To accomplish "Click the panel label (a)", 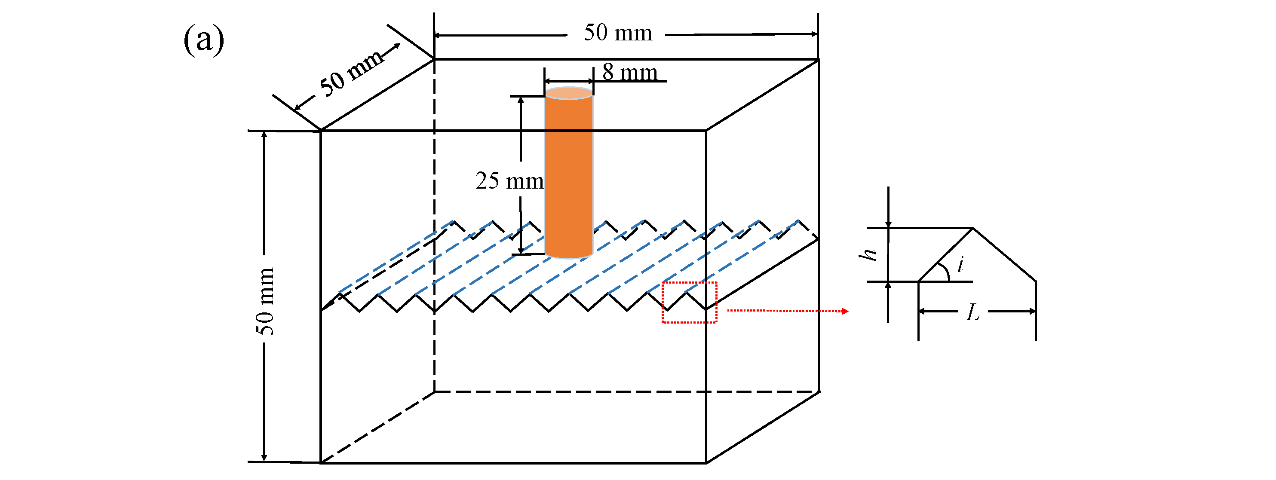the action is click(x=204, y=40).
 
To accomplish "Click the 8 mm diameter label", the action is click(x=629, y=72).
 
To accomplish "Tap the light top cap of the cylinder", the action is click(x=569, y=93).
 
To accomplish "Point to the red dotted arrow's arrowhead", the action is click(x=845, y=311).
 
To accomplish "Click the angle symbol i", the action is click(x=960, y=264).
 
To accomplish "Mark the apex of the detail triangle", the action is click(x=973, y=228).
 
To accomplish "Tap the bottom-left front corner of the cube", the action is click(x=321, y=463).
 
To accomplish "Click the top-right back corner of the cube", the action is click(x=818, y=59).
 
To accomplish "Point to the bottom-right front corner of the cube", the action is click(x=706, y=463).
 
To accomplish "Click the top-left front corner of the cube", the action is click(x=321, y=131).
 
